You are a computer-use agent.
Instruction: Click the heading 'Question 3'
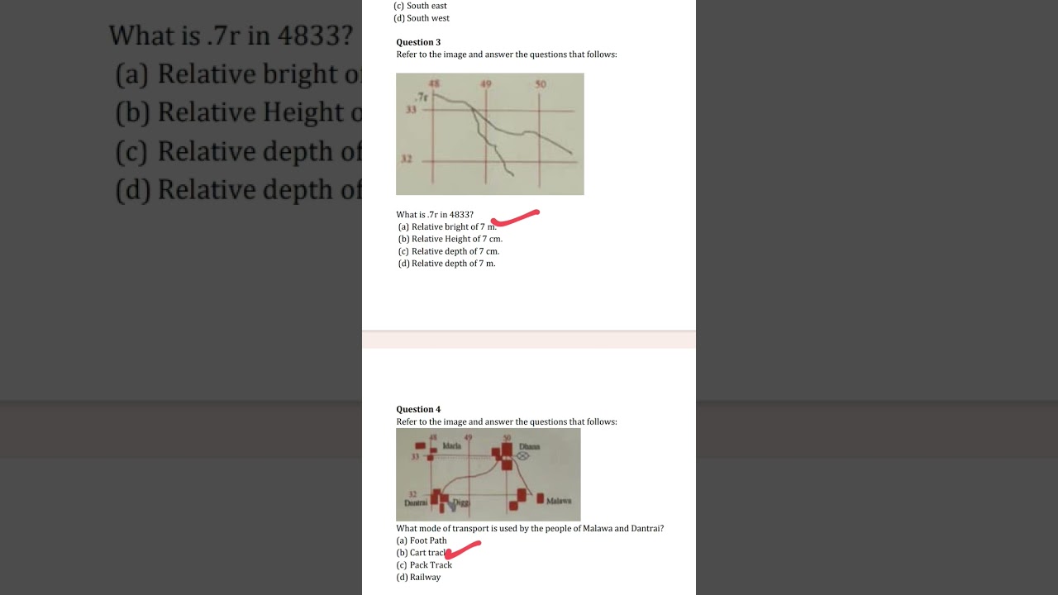(418, 42)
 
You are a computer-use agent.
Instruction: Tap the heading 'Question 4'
(418, 409)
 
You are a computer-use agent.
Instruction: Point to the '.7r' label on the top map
(422, 97)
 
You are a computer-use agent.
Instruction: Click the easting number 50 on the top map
(541, 84)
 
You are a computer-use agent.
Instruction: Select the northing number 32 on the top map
(407, 159)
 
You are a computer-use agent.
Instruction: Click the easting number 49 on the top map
(485, 84)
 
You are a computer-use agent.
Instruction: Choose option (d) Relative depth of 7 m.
(446, 264)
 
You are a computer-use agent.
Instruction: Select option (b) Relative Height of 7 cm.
(450, 239)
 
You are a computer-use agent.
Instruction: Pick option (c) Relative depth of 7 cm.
(448, 251)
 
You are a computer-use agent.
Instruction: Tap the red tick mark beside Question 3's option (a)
(515, 218)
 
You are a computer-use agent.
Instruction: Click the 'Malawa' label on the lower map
(559, 501)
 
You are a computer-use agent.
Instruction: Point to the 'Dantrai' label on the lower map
(416, 502)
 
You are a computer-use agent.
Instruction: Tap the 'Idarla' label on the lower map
(452, 445)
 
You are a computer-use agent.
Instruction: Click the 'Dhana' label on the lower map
(530, 446)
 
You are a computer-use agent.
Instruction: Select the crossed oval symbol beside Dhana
(523, 455)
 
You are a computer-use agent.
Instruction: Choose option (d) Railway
(418, 578)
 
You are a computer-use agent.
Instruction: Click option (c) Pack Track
(424, 565)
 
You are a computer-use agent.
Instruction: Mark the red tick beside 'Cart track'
(463, 550)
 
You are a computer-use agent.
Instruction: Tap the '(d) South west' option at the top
(422, 18)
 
